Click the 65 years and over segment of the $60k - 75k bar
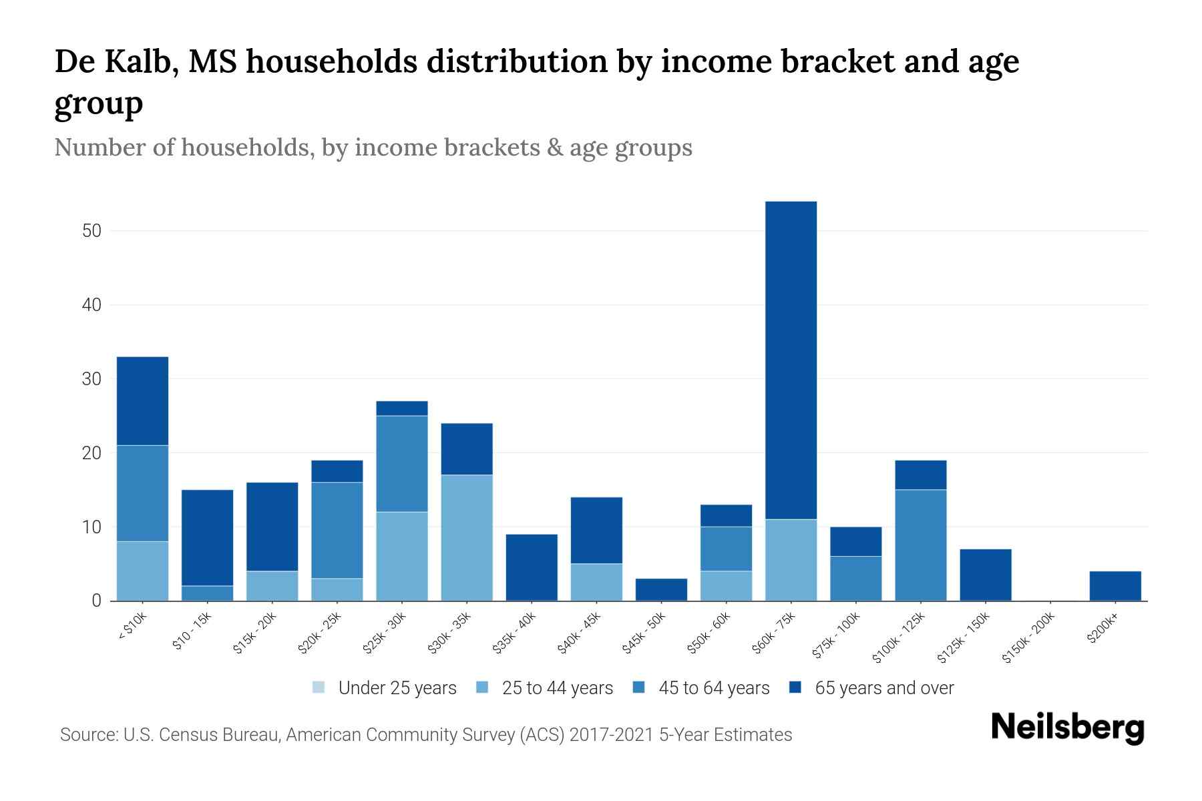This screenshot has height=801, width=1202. [x=791, y=360]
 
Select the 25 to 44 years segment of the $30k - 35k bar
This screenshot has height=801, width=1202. [x=467, y=537]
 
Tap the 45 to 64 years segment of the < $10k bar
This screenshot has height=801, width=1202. [x=142, y=493]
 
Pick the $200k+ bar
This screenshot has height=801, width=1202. [x=1115, y=586]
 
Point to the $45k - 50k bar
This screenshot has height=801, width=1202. [x=661, y=589]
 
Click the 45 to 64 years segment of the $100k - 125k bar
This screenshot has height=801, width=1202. [x=920, y=545]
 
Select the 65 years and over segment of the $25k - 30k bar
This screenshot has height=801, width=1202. [x=402, y=408]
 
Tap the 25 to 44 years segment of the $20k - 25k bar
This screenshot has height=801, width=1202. [x=337, y=589]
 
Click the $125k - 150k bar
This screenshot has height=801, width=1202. [x=985, y=575]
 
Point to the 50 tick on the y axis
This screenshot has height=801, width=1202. [x=91, y=231]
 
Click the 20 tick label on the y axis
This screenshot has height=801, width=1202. [x=91, y=453]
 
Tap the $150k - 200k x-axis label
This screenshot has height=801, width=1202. [x=1028, y=638]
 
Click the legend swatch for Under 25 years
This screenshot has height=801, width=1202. [x=319, y=688]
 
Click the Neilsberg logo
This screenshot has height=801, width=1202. [x=1067, y=728]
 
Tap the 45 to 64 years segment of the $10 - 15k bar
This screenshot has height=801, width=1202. [x=207, y=593]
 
